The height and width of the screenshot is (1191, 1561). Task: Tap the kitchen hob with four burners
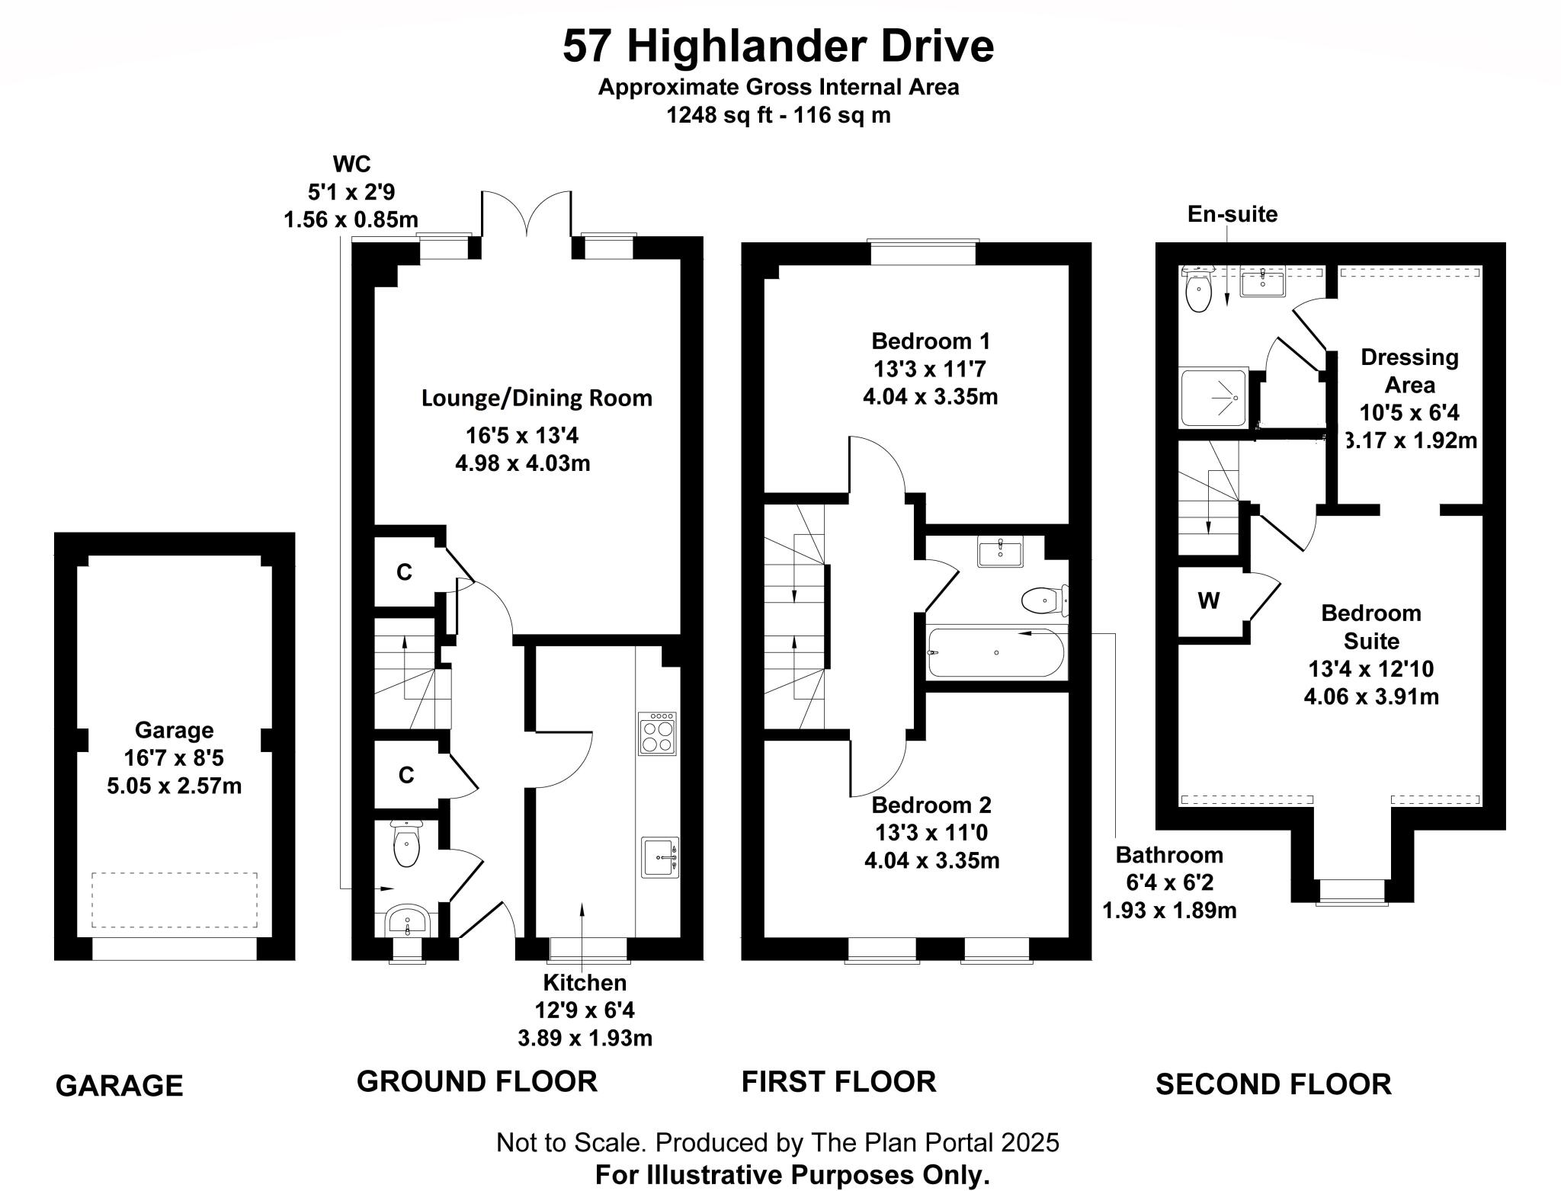coord(657,733)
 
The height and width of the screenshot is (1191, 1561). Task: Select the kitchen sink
coord(659,857)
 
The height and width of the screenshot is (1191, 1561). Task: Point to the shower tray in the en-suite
coord(1213,397)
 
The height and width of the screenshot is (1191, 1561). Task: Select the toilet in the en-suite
coord(1199,292)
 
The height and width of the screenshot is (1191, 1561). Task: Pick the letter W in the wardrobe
coord(1208,601)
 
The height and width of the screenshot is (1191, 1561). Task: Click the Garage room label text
coord(174,730)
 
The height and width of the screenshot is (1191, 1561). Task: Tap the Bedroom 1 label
coord(931,340)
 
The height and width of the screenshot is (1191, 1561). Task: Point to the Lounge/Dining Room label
coord(537,398)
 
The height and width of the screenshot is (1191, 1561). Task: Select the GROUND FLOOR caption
coord(476,1081)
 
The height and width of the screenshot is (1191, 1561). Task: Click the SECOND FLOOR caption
coord(1273,1084)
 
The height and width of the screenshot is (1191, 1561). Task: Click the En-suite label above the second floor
coord(1232,214)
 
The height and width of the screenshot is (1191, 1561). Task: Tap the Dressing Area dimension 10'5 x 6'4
coord(1409,412)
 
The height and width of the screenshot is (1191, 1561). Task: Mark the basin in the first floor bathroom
coord(999,552)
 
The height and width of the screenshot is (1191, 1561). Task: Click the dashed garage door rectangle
coord(174,899)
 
